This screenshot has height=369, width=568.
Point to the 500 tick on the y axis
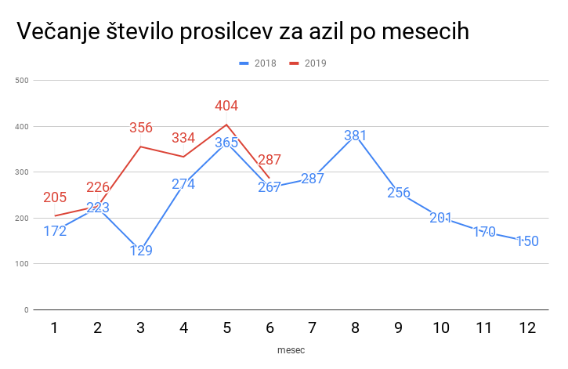(x=21, y=80)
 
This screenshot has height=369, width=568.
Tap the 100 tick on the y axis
(x=21, y=264)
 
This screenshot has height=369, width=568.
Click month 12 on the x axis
(x=528, y=328)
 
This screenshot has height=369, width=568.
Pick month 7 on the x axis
(x=313, y=328)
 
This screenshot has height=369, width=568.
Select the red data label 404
(x=226, y=106)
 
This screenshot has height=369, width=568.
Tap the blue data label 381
(x=356, y=136)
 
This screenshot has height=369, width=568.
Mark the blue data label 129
(x=141, y=251)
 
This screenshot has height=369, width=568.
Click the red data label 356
(x=141, y=128)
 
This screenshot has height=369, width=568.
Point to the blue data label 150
(x=527, y=241)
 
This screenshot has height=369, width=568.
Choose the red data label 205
(x=55, y=197)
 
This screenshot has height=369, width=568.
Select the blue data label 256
(x=399, y=193)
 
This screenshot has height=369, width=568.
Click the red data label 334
(x=183, y=138)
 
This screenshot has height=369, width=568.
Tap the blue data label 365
(x=226, y=143)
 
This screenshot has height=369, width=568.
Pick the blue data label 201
(x=442, y=218)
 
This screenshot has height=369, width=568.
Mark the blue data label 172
(x=55, y=232)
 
